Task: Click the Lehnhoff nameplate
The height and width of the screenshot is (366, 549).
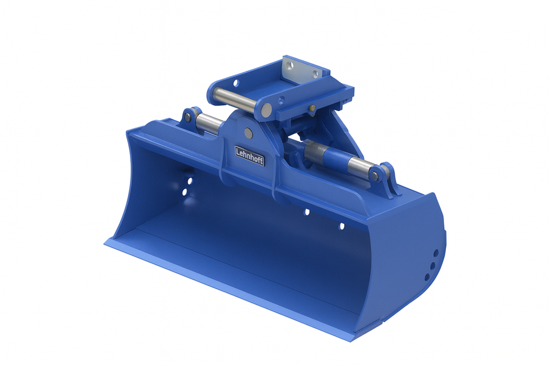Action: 249,155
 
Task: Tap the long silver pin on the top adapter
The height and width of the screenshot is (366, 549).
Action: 240,98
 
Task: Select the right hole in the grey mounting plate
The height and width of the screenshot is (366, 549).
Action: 315,74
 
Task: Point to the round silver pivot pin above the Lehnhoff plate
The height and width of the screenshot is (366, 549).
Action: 249,132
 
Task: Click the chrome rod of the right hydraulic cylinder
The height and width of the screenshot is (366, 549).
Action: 360,167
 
